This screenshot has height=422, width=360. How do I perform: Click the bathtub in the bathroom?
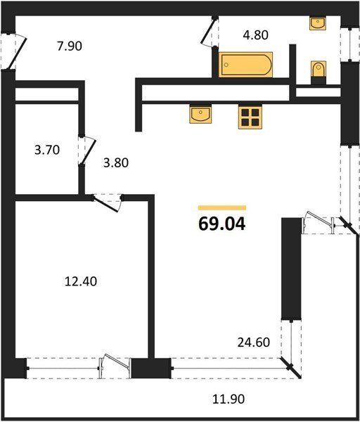(x=245, y=65)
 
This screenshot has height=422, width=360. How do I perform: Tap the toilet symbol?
(x=319, y=70)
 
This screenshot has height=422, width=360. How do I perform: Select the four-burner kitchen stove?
(x=250, y=117)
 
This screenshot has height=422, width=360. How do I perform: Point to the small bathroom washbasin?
(x=318, y=23)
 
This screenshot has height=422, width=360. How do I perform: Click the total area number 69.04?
(x=222, y=224)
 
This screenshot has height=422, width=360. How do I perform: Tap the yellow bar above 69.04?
(x=222, y=207)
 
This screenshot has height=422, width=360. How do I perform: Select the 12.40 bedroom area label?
(x=81, y=281)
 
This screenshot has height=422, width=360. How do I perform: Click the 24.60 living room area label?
(x=253, y=343)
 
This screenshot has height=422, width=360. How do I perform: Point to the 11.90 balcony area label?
(x=229, y=399)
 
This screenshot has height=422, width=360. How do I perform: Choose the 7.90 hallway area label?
(x=70, y=46)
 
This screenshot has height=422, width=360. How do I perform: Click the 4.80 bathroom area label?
(x=256, y=35)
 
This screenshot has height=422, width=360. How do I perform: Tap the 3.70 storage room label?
(x=47, y=150)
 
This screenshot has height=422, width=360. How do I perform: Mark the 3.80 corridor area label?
(x=116, y=163)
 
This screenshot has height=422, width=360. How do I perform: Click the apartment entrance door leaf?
(x=17, y=53)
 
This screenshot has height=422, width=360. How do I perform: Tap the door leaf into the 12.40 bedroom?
(x=105, y=205)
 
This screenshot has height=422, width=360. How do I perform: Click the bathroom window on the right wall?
(x=349, y=44)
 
